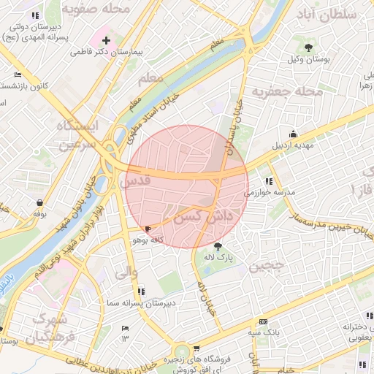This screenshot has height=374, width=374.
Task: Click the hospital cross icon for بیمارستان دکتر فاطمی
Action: point(107,40)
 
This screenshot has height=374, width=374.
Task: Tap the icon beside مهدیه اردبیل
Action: point(293,134)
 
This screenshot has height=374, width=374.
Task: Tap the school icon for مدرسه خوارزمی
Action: point(270,181)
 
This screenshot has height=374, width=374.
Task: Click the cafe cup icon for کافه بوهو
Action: point(149,229)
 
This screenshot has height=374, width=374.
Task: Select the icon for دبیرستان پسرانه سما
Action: point(141,291)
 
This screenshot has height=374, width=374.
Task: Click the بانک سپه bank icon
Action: point(263,321)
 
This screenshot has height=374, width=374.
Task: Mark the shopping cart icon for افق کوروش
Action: point(195,348)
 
